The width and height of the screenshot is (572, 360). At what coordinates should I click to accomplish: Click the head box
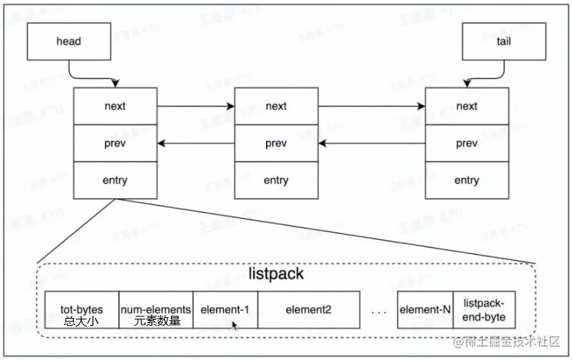click(68, 42)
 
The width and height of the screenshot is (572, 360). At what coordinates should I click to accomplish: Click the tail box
click(503, 42)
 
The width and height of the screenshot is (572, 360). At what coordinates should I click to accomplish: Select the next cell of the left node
click(115, 106)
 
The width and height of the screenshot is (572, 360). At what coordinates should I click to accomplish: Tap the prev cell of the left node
click(115, 143)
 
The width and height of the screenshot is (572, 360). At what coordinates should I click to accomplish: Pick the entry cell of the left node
click(115, 180)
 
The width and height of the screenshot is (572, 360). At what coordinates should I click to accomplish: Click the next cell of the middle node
click(275, 106)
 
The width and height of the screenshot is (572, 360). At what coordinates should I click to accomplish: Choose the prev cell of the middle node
click(275, 143)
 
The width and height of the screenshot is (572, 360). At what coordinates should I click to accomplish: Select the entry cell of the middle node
click(275, 180)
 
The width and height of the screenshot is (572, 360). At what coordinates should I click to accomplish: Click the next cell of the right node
click(466, 106)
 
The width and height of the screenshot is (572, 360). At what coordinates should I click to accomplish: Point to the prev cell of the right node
click(466, 143)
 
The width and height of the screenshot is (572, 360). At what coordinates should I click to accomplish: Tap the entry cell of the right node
click(466, 180)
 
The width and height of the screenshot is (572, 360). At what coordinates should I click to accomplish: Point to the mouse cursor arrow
click(234, 325)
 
